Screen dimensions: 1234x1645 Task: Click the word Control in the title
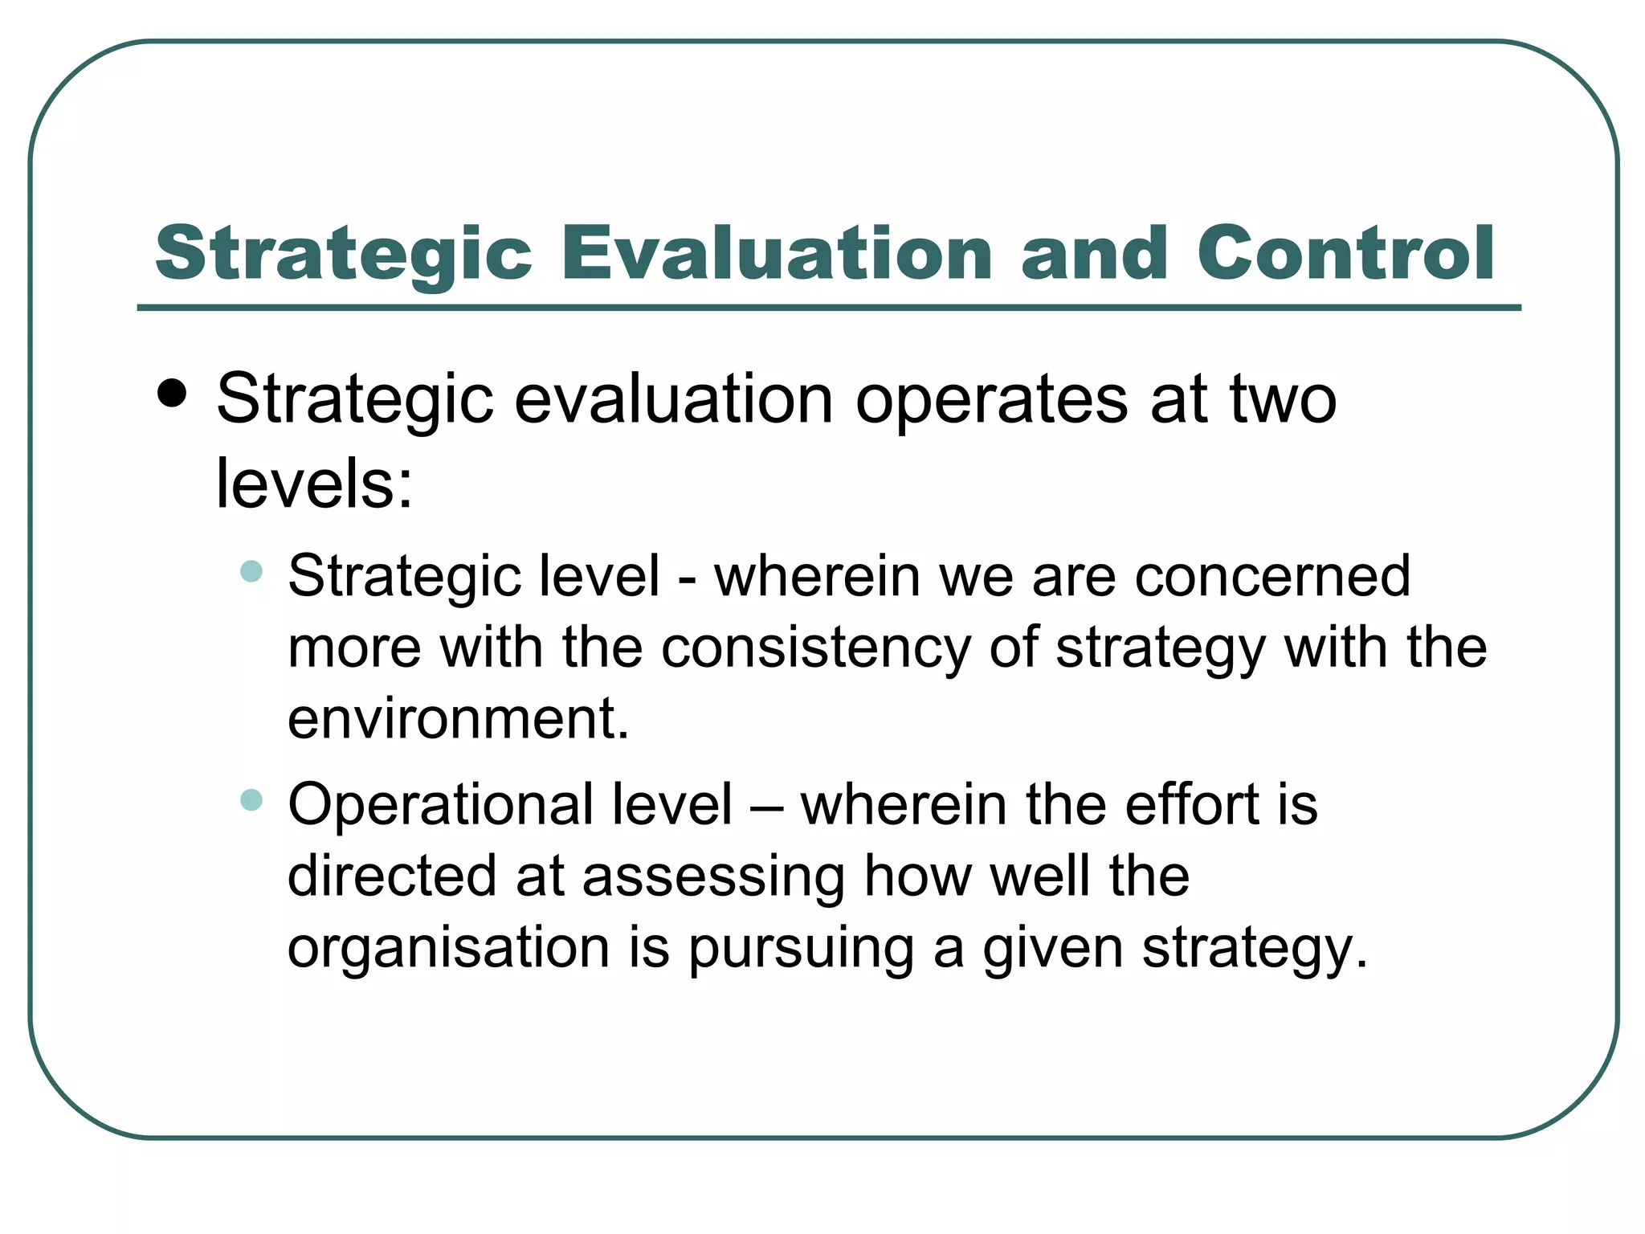[1345, 254]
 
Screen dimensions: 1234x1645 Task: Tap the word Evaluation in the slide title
[777, 254]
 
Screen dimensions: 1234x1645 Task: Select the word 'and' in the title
[1094, 254]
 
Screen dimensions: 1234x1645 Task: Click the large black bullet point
[173, 394]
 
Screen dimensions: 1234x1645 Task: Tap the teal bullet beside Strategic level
[251, 571]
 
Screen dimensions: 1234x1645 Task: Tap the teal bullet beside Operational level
[251, 800]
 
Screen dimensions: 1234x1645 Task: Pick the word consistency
[815, 648]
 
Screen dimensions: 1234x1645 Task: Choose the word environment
[458, 718]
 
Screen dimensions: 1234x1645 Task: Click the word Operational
[440, 804]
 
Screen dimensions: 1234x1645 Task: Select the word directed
[392, 876]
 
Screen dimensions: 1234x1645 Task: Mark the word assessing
[713, 877]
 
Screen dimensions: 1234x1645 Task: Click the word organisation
[448, 948]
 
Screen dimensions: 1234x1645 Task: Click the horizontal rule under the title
[829, 308]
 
